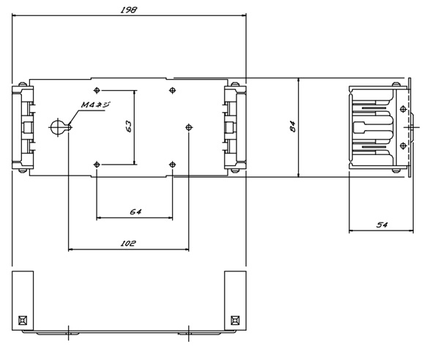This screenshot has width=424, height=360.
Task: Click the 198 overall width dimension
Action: click(129, 10)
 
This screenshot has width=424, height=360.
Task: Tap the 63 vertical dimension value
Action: click(129, 126)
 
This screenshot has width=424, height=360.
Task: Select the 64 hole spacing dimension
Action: click(135, 211)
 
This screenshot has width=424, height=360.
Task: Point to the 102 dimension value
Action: click(128, 243)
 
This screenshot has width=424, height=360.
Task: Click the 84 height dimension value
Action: click(293, 127)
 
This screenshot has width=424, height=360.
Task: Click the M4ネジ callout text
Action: click(95, 105)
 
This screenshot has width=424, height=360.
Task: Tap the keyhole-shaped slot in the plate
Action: click(60, 127)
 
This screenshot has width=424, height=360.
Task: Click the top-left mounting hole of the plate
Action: click(97, 90)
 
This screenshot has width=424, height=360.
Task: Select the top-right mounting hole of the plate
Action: click(172, 90)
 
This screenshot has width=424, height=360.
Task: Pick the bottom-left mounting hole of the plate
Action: click(97, 165)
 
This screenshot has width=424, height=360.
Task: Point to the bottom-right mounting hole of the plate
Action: click(172, 165)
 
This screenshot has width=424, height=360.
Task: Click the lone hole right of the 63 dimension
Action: click(189, 127)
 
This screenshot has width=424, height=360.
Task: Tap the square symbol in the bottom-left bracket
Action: click(23, 320)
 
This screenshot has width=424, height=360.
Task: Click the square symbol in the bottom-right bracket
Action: click(235, 320)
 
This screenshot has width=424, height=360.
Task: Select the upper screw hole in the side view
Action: click(403, 109)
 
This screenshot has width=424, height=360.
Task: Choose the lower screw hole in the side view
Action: click(403, 146)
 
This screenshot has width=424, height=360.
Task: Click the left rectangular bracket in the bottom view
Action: click(23, 301)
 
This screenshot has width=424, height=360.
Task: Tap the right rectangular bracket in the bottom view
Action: click(235, 301)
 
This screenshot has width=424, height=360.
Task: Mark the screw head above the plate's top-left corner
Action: click(23, 84)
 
